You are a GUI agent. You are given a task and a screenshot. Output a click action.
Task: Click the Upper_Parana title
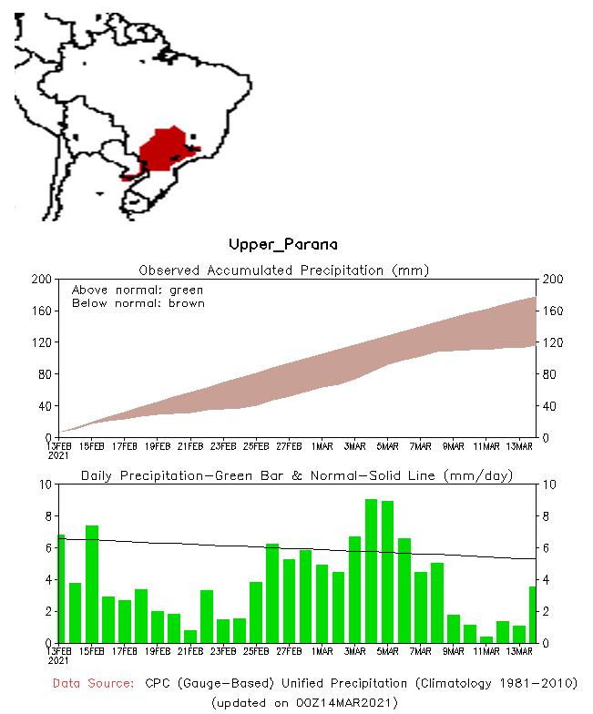(x=282, y=244)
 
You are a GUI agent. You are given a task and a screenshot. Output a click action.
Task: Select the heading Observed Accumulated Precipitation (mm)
(x=283, y=270)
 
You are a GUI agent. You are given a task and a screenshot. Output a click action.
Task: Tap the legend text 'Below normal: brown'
(x=138, y=303)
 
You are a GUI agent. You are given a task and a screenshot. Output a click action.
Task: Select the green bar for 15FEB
(x=92, y=584)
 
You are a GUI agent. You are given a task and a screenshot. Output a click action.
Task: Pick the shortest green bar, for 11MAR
(x=486, y=639)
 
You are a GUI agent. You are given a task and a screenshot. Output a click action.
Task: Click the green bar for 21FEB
(x=190, y=636)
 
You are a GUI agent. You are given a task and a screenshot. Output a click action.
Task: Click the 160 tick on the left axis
(x=39, y=311)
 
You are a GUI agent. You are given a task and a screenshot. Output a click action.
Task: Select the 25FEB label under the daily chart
(x=256, y=651)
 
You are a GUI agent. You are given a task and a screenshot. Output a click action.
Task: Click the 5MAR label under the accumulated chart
(x=388, y=446)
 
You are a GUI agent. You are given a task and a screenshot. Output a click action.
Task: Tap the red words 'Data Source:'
(x=93, y=683)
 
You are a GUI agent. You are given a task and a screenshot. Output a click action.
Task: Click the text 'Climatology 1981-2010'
(x=493, y=683)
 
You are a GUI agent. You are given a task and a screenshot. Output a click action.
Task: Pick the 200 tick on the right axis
(x=552, y=280)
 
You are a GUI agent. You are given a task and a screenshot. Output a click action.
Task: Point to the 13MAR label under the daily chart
(x=519, y=651)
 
